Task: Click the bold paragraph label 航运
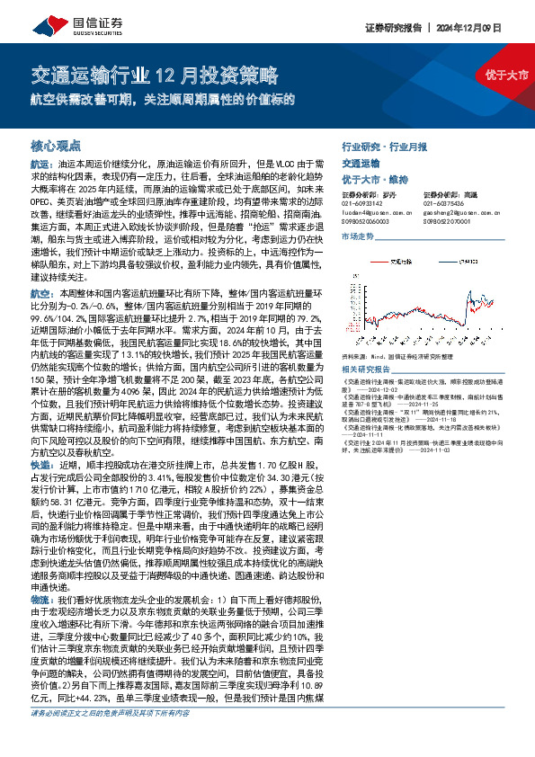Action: (41, 165)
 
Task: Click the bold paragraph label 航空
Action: (41, 294)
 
